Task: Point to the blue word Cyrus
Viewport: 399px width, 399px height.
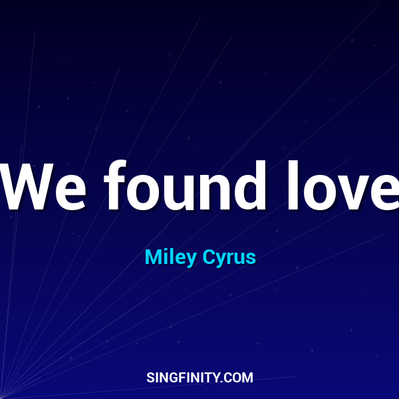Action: [x=229, y=257]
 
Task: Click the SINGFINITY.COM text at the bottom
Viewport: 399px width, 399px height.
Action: [x=199, y=378]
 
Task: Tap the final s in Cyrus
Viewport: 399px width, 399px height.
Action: [x=251, y=259]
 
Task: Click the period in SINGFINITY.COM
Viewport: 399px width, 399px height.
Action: [x=223, y=382]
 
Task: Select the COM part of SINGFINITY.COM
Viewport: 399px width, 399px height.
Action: [x=239, y=378]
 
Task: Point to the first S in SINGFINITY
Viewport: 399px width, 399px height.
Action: [x=150, y=378]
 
